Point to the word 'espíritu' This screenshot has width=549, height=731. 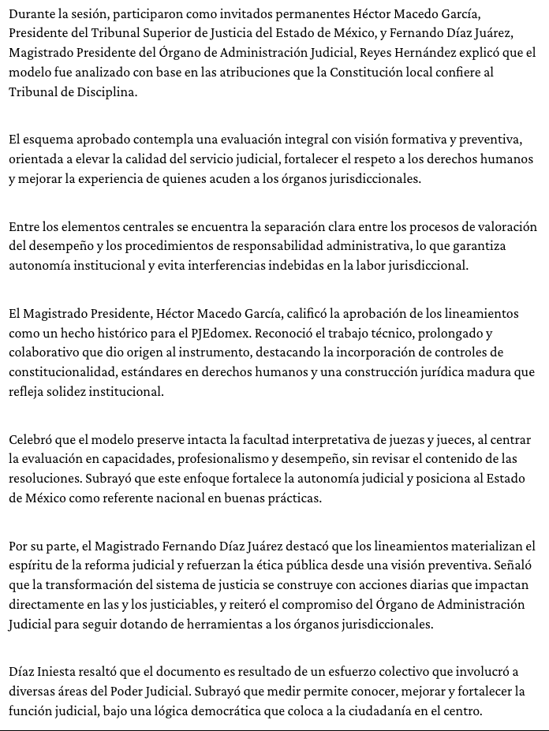pos(32,565)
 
